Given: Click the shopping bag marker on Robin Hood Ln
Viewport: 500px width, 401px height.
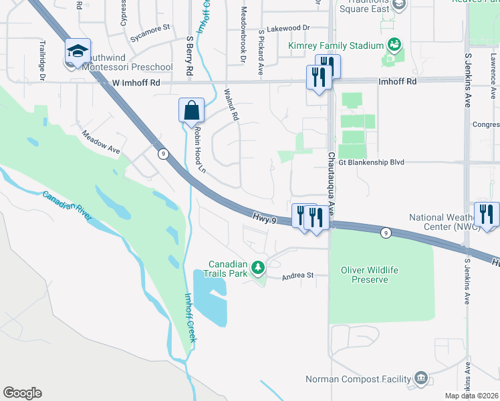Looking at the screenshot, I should tap(191, 110).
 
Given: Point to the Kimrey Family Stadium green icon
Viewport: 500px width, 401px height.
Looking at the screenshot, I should tap(394, 45).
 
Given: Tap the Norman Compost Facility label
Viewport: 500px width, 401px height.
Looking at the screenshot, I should tap(358, 380).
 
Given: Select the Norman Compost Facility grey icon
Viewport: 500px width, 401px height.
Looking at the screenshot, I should tap(420, 379).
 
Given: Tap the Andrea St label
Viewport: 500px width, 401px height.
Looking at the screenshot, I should tap(297, 275).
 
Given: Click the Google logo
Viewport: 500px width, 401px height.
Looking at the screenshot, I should tap(22, 393).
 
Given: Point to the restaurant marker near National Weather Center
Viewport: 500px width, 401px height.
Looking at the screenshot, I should tap(487, 215).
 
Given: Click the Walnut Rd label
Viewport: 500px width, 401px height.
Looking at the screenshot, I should tap(231, 105).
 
